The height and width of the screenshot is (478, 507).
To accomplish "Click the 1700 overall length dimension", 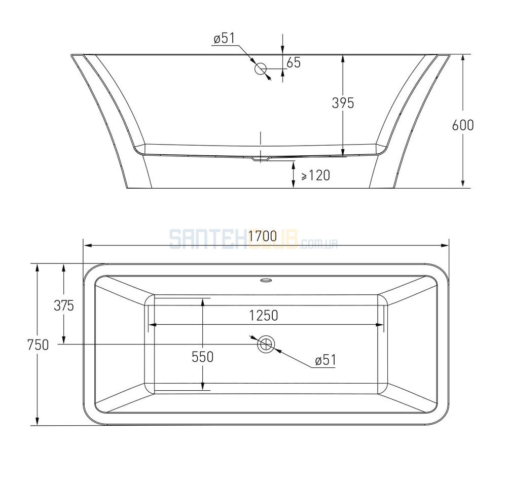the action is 263,236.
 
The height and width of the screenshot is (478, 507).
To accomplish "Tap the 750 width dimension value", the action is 38,345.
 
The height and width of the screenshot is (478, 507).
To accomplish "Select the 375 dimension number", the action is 64,305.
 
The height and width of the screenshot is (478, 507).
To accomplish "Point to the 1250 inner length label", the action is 264,315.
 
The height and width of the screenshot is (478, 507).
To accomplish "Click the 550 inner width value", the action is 202,357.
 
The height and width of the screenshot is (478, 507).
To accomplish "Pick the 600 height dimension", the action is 463,125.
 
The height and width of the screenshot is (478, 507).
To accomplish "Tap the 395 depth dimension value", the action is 343,103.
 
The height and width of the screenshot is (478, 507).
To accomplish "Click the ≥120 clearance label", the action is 315,176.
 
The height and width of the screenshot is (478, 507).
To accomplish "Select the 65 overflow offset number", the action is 294,62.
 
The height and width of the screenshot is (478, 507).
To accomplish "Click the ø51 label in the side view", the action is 224,39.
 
